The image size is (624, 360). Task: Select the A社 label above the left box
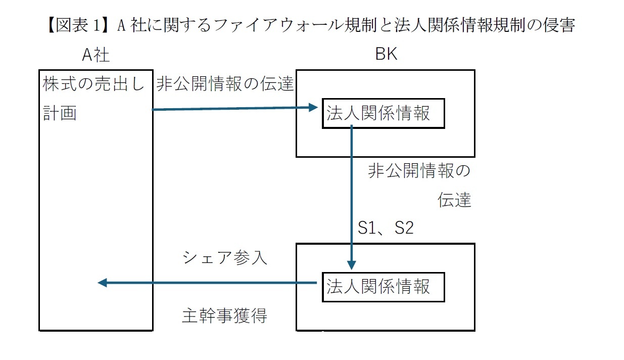pos(95,55)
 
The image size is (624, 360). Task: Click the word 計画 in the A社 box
pos(60,113)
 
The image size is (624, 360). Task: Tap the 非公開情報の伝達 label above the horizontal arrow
pos(225,84)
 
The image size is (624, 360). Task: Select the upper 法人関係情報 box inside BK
pos(383,113)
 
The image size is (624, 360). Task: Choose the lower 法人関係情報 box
pos(383,287)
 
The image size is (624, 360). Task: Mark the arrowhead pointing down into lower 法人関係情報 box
pos(352,265)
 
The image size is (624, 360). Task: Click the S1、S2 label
pos(386,229)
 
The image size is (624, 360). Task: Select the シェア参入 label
pos(224,258)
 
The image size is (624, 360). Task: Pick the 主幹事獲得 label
pos(224,316)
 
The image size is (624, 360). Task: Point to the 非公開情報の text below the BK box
pos(419,171)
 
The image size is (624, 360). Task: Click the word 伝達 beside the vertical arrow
pos(454,200)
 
